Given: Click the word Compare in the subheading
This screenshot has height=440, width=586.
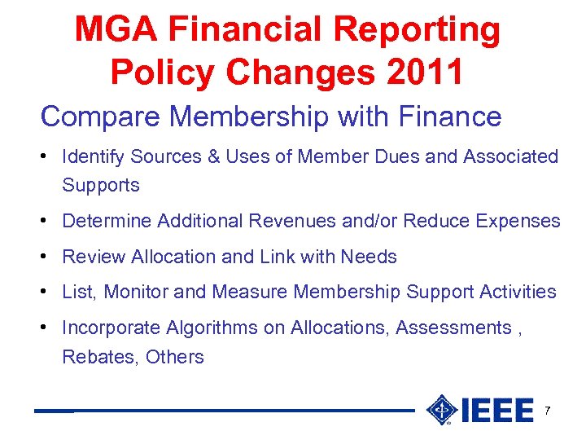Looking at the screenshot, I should [x=85, y=117].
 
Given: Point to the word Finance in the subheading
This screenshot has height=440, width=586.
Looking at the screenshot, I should [x=451, y=117].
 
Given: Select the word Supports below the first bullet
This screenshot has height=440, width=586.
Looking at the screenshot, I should [x=101, y=186].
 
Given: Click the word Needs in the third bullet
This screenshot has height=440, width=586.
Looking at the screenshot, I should [x=369, y=257].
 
